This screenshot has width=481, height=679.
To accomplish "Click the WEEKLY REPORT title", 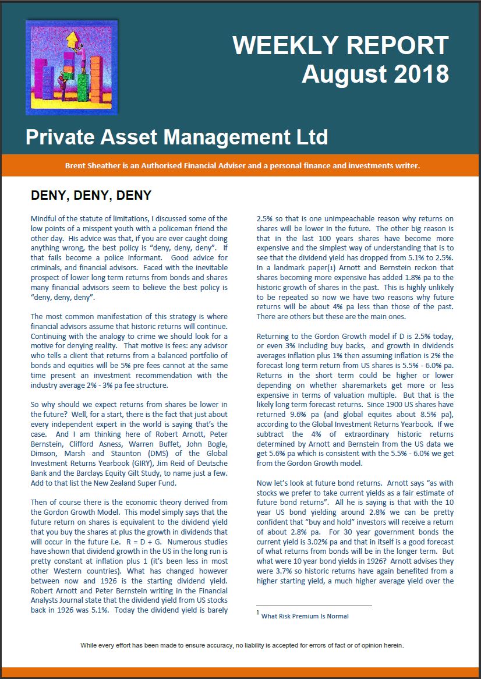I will [341, 45].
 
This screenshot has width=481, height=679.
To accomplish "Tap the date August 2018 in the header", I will [375, 74].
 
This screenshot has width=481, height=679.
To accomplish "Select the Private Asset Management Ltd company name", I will [176, 137].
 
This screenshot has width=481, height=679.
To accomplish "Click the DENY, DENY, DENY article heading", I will [91, 196].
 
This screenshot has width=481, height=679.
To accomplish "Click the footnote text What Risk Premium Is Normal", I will [305, 616].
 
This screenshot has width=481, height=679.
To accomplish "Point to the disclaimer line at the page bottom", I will [242, 645].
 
